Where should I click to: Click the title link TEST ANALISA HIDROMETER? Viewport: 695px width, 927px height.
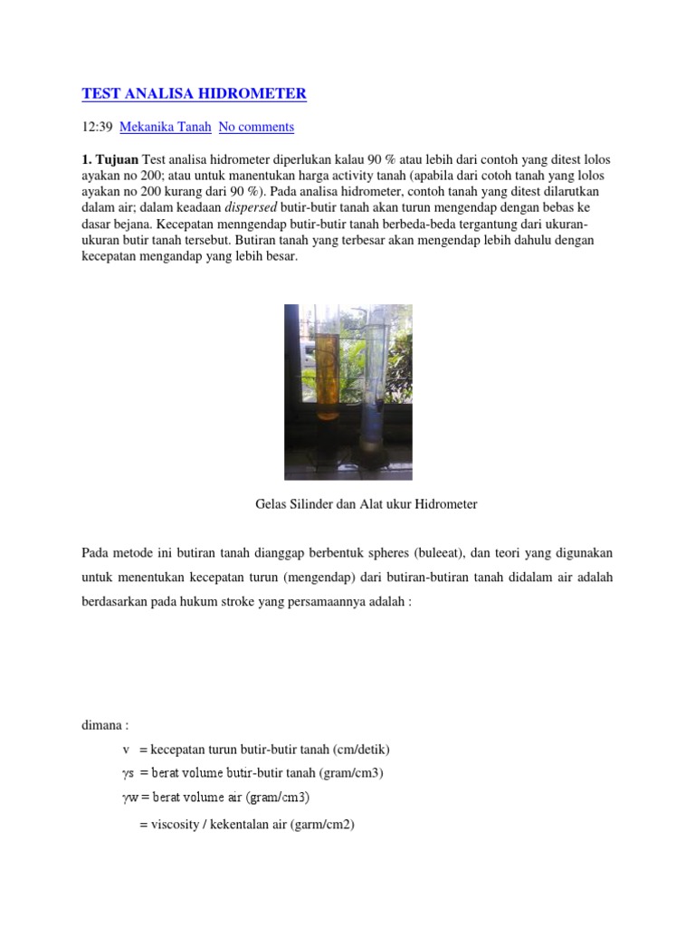point(194,93)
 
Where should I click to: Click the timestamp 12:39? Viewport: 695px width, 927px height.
point(97,127)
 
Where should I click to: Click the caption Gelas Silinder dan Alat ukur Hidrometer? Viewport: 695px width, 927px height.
point(366,504)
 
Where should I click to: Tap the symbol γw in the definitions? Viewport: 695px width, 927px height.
point(129,798)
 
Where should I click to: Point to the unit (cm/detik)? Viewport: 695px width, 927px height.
point(361,750)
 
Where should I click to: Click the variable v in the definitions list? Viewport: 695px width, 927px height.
point(126,750)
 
